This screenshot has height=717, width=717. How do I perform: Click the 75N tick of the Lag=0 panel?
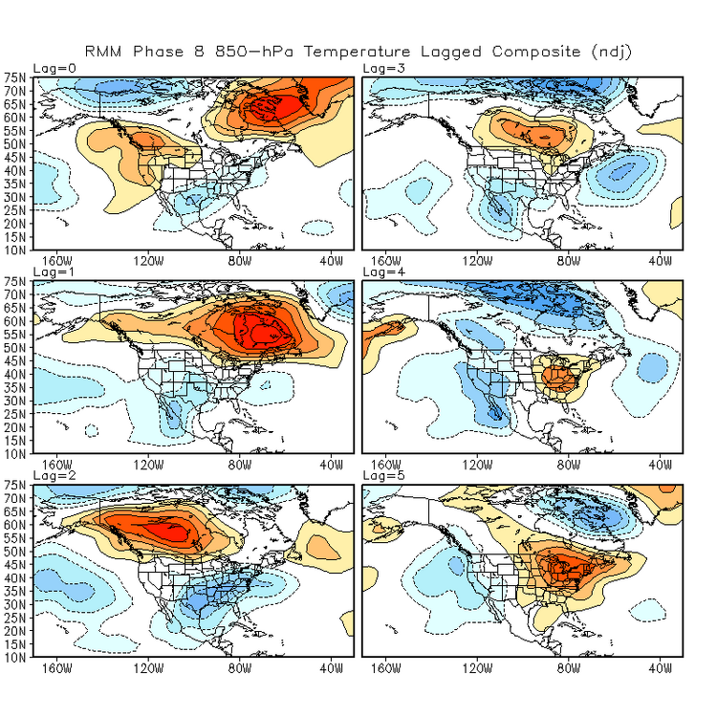coord(16,77)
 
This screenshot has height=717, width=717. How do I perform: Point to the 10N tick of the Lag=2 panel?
coord(16,657)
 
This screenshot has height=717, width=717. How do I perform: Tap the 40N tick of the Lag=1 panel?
coord(16,374)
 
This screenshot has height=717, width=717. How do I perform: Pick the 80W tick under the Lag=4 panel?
coord(568,464)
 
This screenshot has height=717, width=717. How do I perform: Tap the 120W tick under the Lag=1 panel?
coord(148,464)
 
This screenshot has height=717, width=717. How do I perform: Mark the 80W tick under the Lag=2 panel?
coord(239,668)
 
